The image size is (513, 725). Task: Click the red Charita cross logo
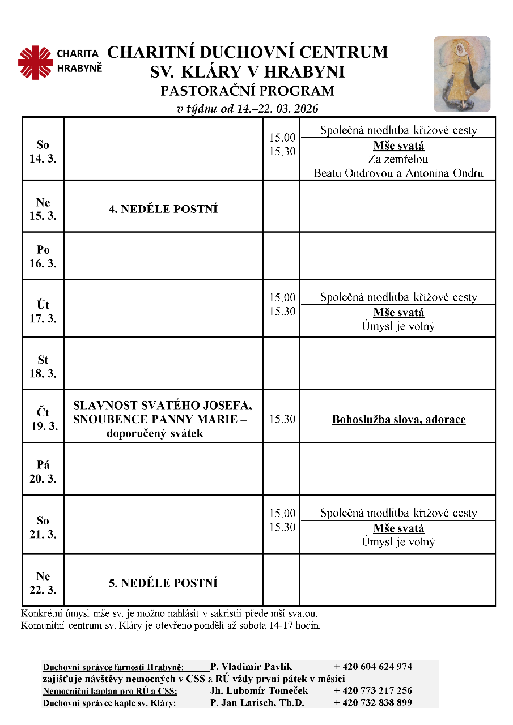pos(35,62)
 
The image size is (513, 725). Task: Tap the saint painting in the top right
pos(461,74)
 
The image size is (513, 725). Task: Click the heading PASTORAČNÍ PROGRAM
pos(248,91)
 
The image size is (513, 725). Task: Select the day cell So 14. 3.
pos(43,152)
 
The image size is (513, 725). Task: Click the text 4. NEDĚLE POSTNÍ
pos(163,209)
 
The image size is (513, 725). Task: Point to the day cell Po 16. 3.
pos(43,257)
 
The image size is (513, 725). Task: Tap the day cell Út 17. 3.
pos(43,312)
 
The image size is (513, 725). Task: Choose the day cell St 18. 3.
pos(43,366)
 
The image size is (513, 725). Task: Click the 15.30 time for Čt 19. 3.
pos(282,419)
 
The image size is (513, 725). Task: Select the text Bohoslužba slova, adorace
pos(398,420)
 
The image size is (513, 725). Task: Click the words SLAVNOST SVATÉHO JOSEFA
pos(163,406)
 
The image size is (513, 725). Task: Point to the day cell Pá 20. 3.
pos(43,471)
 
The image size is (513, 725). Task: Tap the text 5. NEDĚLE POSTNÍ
pos(163,583)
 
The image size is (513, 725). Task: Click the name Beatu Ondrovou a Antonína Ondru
pos(398,173)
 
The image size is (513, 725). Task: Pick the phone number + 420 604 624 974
pos(373,667)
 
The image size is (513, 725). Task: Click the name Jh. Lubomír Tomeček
pos(259,690)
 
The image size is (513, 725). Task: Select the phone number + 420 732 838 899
pos(373,703)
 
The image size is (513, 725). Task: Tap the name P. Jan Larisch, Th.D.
pos(257,703)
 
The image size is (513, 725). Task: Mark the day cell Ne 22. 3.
pos(43,583)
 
